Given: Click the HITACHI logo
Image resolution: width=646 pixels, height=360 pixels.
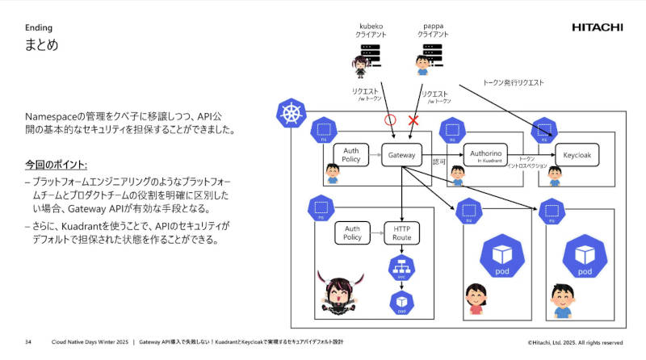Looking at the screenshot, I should point(597,27).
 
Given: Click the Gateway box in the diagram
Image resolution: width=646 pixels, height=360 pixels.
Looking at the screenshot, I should point(401,155).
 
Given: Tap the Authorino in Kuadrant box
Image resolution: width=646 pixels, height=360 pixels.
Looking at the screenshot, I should point(487,153).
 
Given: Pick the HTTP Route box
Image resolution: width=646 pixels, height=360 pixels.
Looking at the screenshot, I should point(401,234).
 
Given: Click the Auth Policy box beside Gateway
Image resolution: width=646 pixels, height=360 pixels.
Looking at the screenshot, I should point(351,155).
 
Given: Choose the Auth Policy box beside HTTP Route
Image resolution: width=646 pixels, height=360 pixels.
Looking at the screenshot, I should point(351,234).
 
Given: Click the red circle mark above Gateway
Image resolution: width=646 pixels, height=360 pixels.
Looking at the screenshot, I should point(389,119).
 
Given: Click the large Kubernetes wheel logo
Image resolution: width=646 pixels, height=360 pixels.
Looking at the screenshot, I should point(288,114).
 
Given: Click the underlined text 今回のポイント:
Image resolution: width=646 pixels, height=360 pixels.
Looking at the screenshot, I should point(56,165).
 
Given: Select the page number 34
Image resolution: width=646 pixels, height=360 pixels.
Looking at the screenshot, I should point(28,341).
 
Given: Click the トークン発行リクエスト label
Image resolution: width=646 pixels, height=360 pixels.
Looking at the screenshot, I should point(513,82).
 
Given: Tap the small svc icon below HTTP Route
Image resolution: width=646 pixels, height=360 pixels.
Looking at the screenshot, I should point(401,268).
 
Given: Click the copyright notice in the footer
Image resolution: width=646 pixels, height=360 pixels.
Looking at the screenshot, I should point(575,342).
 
